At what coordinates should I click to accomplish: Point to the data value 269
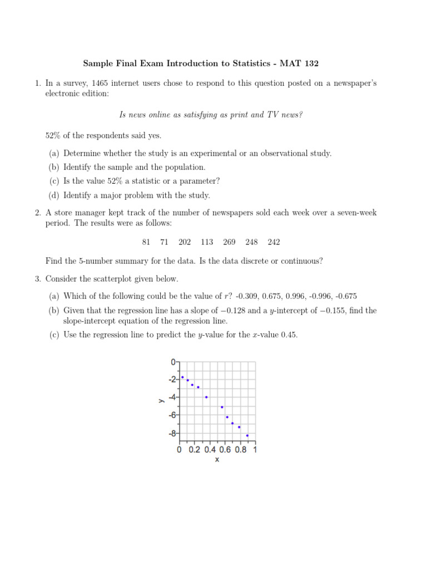point(229,242)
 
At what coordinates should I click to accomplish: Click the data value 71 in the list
point(164,242)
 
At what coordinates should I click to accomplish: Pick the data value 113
point(207,242)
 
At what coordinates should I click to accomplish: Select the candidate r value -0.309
point(247,296)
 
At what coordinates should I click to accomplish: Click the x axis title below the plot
point(217,460)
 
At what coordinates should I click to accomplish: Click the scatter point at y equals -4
point(206,397)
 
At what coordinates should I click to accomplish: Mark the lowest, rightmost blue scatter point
point(247,435)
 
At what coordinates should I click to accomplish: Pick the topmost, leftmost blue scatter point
point(182,377)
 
